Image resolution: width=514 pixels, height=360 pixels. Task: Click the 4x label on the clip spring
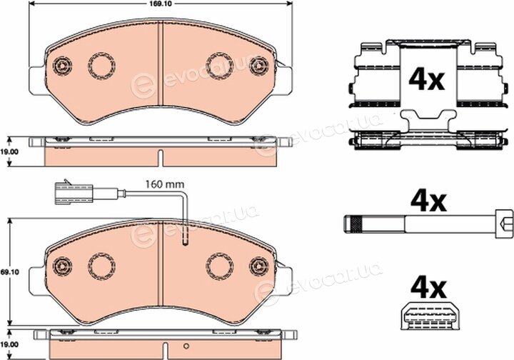(426, 80)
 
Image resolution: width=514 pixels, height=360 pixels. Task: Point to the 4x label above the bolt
(428, 201)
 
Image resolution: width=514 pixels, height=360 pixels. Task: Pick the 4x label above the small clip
(428, 288)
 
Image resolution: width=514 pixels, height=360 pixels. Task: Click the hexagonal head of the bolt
(504, 224)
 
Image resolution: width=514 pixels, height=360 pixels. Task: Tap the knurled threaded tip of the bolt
(353, 224)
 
